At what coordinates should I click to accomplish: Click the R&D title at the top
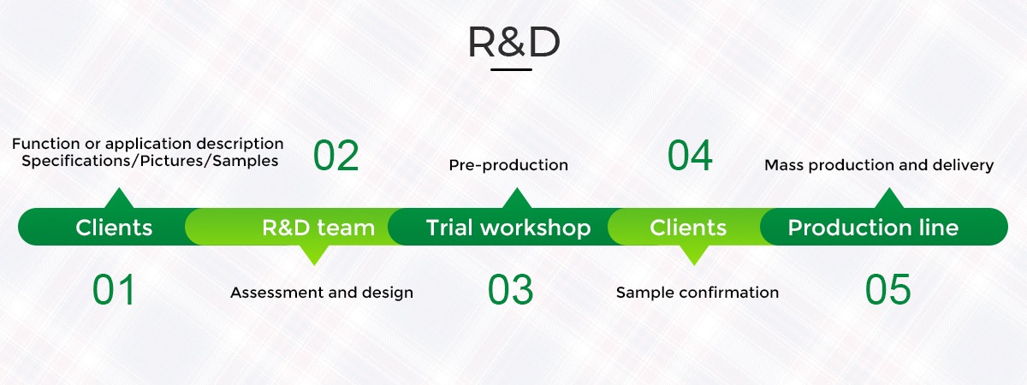coord(513,42)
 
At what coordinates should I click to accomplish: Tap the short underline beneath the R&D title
coord(511,69)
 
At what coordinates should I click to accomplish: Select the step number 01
coord(114,289)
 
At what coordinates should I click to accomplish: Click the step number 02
coord(335,156)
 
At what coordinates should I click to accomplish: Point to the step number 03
coord(510,289)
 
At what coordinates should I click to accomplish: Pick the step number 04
coord(690,156)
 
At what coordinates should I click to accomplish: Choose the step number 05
coord(887,289)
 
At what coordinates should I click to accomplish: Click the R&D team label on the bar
coord(318,228)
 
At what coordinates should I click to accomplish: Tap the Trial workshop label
coord(508,228)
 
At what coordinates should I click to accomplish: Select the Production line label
coord(873,228)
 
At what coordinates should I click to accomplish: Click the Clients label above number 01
coord(114,228)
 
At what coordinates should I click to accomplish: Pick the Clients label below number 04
coord(688,228)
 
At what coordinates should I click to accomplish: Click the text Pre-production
coord(508,165)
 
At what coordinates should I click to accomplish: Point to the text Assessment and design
coord(322,293)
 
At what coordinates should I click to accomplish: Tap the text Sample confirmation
coord(698,293)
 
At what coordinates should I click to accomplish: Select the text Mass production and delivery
coord(879,165)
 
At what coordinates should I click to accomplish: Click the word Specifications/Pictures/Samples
coord(150,161)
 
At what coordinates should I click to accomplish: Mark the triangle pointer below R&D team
coord(314,255)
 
